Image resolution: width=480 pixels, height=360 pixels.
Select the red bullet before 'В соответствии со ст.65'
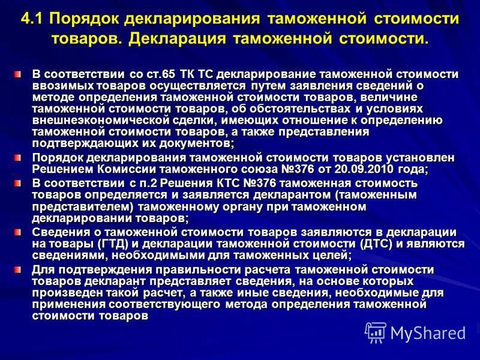coord(19,73)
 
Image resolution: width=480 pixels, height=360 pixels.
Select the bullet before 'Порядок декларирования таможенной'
coord(19,157)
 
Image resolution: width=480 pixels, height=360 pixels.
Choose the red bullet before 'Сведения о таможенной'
coord(19,231)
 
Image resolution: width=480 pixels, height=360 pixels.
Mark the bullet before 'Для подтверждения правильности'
coord(19,268)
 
